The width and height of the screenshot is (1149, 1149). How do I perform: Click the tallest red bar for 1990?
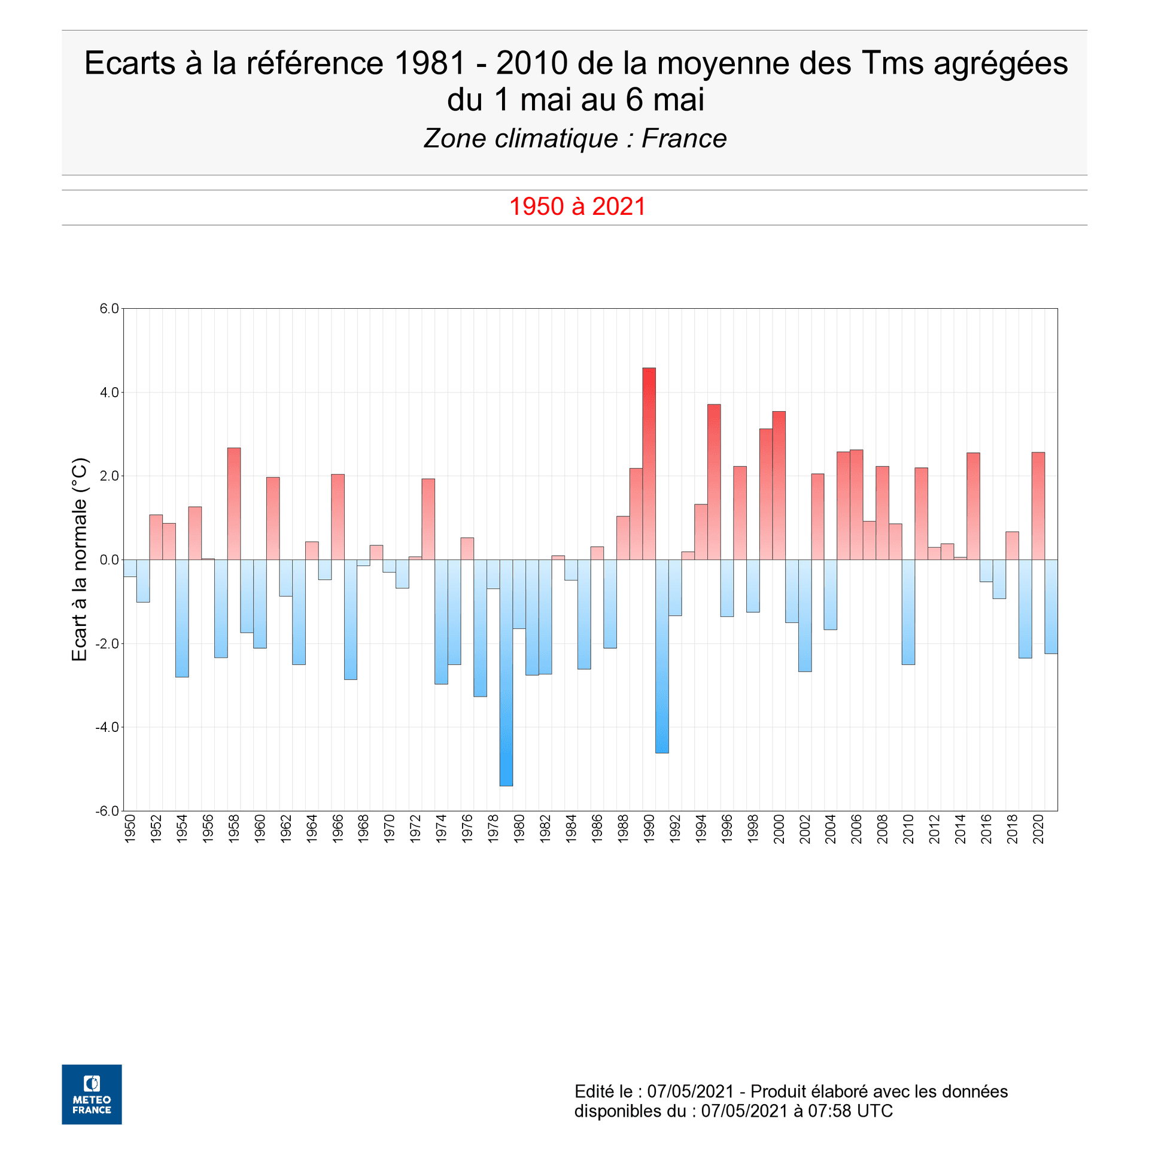(649, 464)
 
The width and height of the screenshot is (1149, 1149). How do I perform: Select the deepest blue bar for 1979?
(506, 673)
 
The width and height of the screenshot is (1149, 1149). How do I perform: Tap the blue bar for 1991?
(662, 656)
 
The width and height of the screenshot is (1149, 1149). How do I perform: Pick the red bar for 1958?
(233, 503)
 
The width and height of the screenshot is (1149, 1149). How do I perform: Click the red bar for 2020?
(1038, 506)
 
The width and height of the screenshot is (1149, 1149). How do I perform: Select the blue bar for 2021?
(1051, 606)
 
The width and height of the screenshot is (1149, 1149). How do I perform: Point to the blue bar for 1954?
(182, 618)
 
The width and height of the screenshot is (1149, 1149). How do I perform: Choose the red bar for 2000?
(779, 485)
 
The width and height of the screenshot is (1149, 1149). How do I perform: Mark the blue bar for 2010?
(908, 612)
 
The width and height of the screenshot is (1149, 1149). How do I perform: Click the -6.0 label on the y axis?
(107, 811)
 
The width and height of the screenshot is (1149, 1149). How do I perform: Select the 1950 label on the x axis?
(130, 829)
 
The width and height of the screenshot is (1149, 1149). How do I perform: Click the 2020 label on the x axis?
(1038, 829)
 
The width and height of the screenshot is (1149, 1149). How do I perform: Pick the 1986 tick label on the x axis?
(597, 829)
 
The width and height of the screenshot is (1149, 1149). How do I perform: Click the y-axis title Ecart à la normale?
(80, 560)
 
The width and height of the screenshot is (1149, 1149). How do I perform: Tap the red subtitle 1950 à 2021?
(577, 207)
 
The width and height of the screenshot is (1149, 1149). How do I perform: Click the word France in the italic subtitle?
(683, 139)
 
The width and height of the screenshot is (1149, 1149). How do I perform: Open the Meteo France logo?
(92, 1094)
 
